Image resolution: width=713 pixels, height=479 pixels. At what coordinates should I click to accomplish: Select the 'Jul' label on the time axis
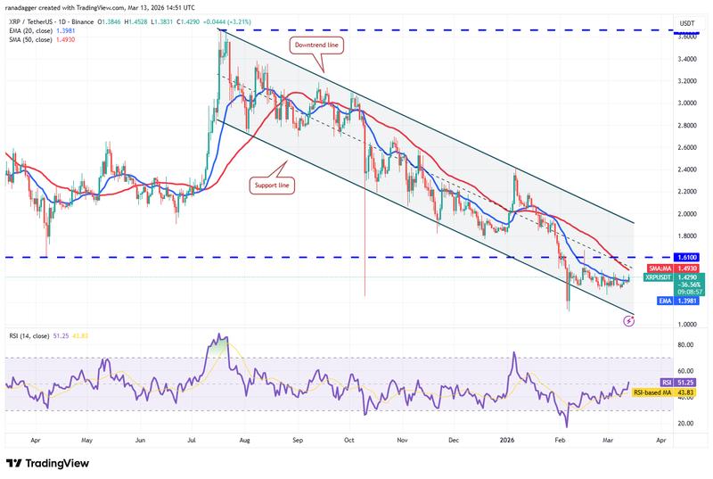click(193, 440)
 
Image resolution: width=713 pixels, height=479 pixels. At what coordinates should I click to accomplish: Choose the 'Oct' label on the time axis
click(350, 440)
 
